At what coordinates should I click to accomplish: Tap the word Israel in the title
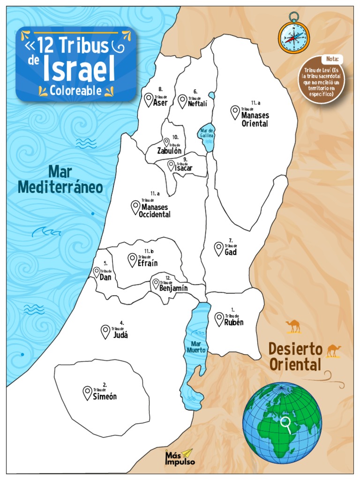coord(79,69)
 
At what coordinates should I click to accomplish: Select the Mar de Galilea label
coord(207,133)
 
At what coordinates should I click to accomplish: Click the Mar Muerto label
coord(196,347)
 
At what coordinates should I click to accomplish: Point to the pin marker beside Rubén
coord(219,319)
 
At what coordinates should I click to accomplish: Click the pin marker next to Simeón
coord(87,393)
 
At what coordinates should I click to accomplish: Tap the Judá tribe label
coord(120,335)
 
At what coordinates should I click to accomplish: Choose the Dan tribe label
coord(105,277)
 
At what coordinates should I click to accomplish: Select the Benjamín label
coord(173,288)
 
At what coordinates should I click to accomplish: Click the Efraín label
coord(148,263)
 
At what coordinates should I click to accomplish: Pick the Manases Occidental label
coord(155,210)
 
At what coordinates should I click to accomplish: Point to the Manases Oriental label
coord(255,120)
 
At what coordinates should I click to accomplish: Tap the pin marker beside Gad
coord(218,248)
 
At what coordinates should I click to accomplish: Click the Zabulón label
coord(169,150)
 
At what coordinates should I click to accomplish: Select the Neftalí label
coord(197,104)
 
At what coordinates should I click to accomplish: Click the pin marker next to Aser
coord(149,99)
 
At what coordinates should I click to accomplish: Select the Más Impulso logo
coord(180,457)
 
